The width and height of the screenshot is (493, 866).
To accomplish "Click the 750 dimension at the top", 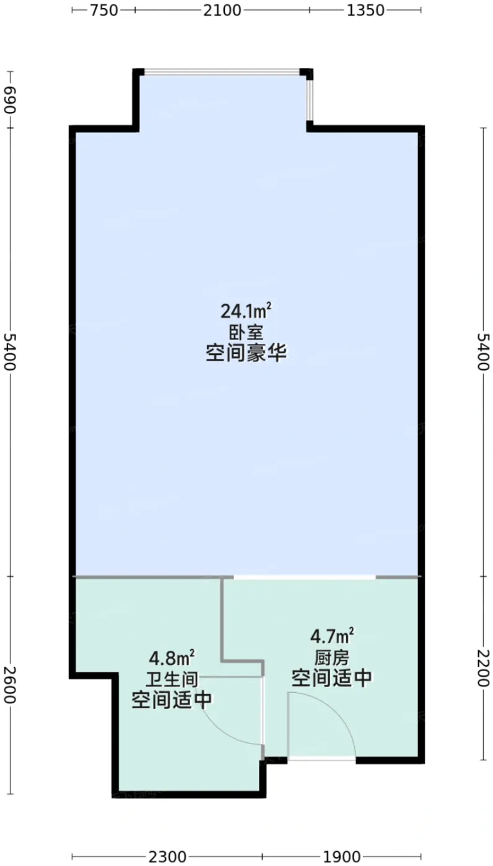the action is pyautogui.click(x=103, y=11).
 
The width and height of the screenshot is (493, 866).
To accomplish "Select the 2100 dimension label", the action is pyautogui.click(x=222, y=11).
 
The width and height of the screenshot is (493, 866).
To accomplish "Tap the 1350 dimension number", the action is pyautogui.click(x=365, y=11).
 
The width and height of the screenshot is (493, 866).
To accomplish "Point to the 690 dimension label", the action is pyautogui.click(x=11, y=100).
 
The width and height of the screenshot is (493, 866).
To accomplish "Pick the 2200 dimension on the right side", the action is pyautogui.click(x=483, y=668).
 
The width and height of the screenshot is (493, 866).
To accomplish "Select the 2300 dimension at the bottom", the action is pyautogui.click(x=168, y=857).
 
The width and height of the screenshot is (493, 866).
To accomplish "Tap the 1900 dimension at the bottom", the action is pyautogui.click(x=342, y=857).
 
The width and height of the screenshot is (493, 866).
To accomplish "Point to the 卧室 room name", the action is pyautogui.click(x=246, y=332).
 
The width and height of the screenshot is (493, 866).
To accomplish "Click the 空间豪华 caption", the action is pyautogui.click(x=246, y=353).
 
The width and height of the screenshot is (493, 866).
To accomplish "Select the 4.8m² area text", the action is pyautogui.click(x=172, y=658).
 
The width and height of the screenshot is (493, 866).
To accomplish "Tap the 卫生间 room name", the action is pyautogui.click(x=172, y=679).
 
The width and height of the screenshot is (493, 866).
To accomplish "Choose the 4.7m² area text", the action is pyautogui.click(x=332, y=636).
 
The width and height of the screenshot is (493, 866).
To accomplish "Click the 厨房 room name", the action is pyautogui.click(x=332, y=657).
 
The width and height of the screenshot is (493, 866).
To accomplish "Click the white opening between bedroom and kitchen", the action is pyautogui.click(x=305, y=577).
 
